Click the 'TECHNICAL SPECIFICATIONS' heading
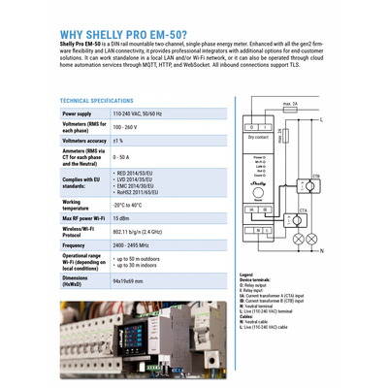(x=97, y=100)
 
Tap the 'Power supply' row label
(x=78, y=113)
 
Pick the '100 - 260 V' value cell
(x=129, y=127)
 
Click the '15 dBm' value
(x=121, y=220)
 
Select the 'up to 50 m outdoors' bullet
(x=140, y=260)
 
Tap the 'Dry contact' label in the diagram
(x=259, y=138)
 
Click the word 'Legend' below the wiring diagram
(x=246, y=275)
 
